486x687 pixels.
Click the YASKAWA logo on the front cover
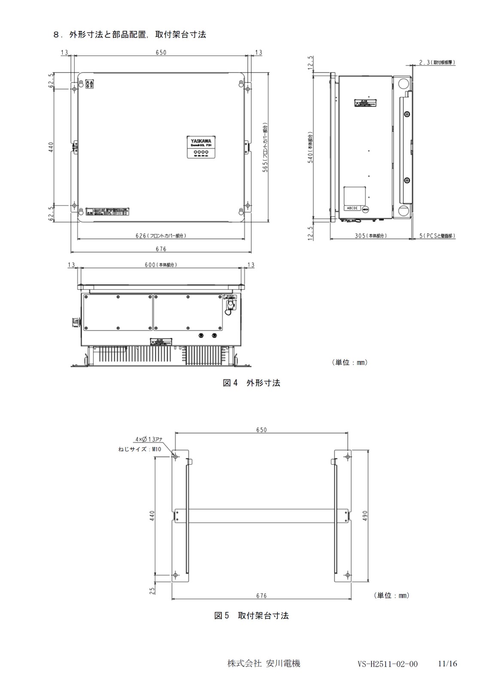tap(201, 140)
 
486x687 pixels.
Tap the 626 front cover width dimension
tap(161, 236)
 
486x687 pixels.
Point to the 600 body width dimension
tap(161, 265)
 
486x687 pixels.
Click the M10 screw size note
tap(140, 449)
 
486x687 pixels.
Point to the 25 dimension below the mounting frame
tap(153, 591)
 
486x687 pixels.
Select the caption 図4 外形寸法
tap(251, 383)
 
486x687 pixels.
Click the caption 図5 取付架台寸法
tap(251, 616)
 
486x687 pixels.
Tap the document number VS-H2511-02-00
tap(387, 664)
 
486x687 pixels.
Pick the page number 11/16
tap(447, 664)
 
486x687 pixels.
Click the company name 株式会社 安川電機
tap(264, 663)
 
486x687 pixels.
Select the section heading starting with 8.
tap(129, 35)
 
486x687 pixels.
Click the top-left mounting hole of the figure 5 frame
tap(175, 456)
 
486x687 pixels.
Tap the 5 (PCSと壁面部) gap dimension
tap(437, 236)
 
